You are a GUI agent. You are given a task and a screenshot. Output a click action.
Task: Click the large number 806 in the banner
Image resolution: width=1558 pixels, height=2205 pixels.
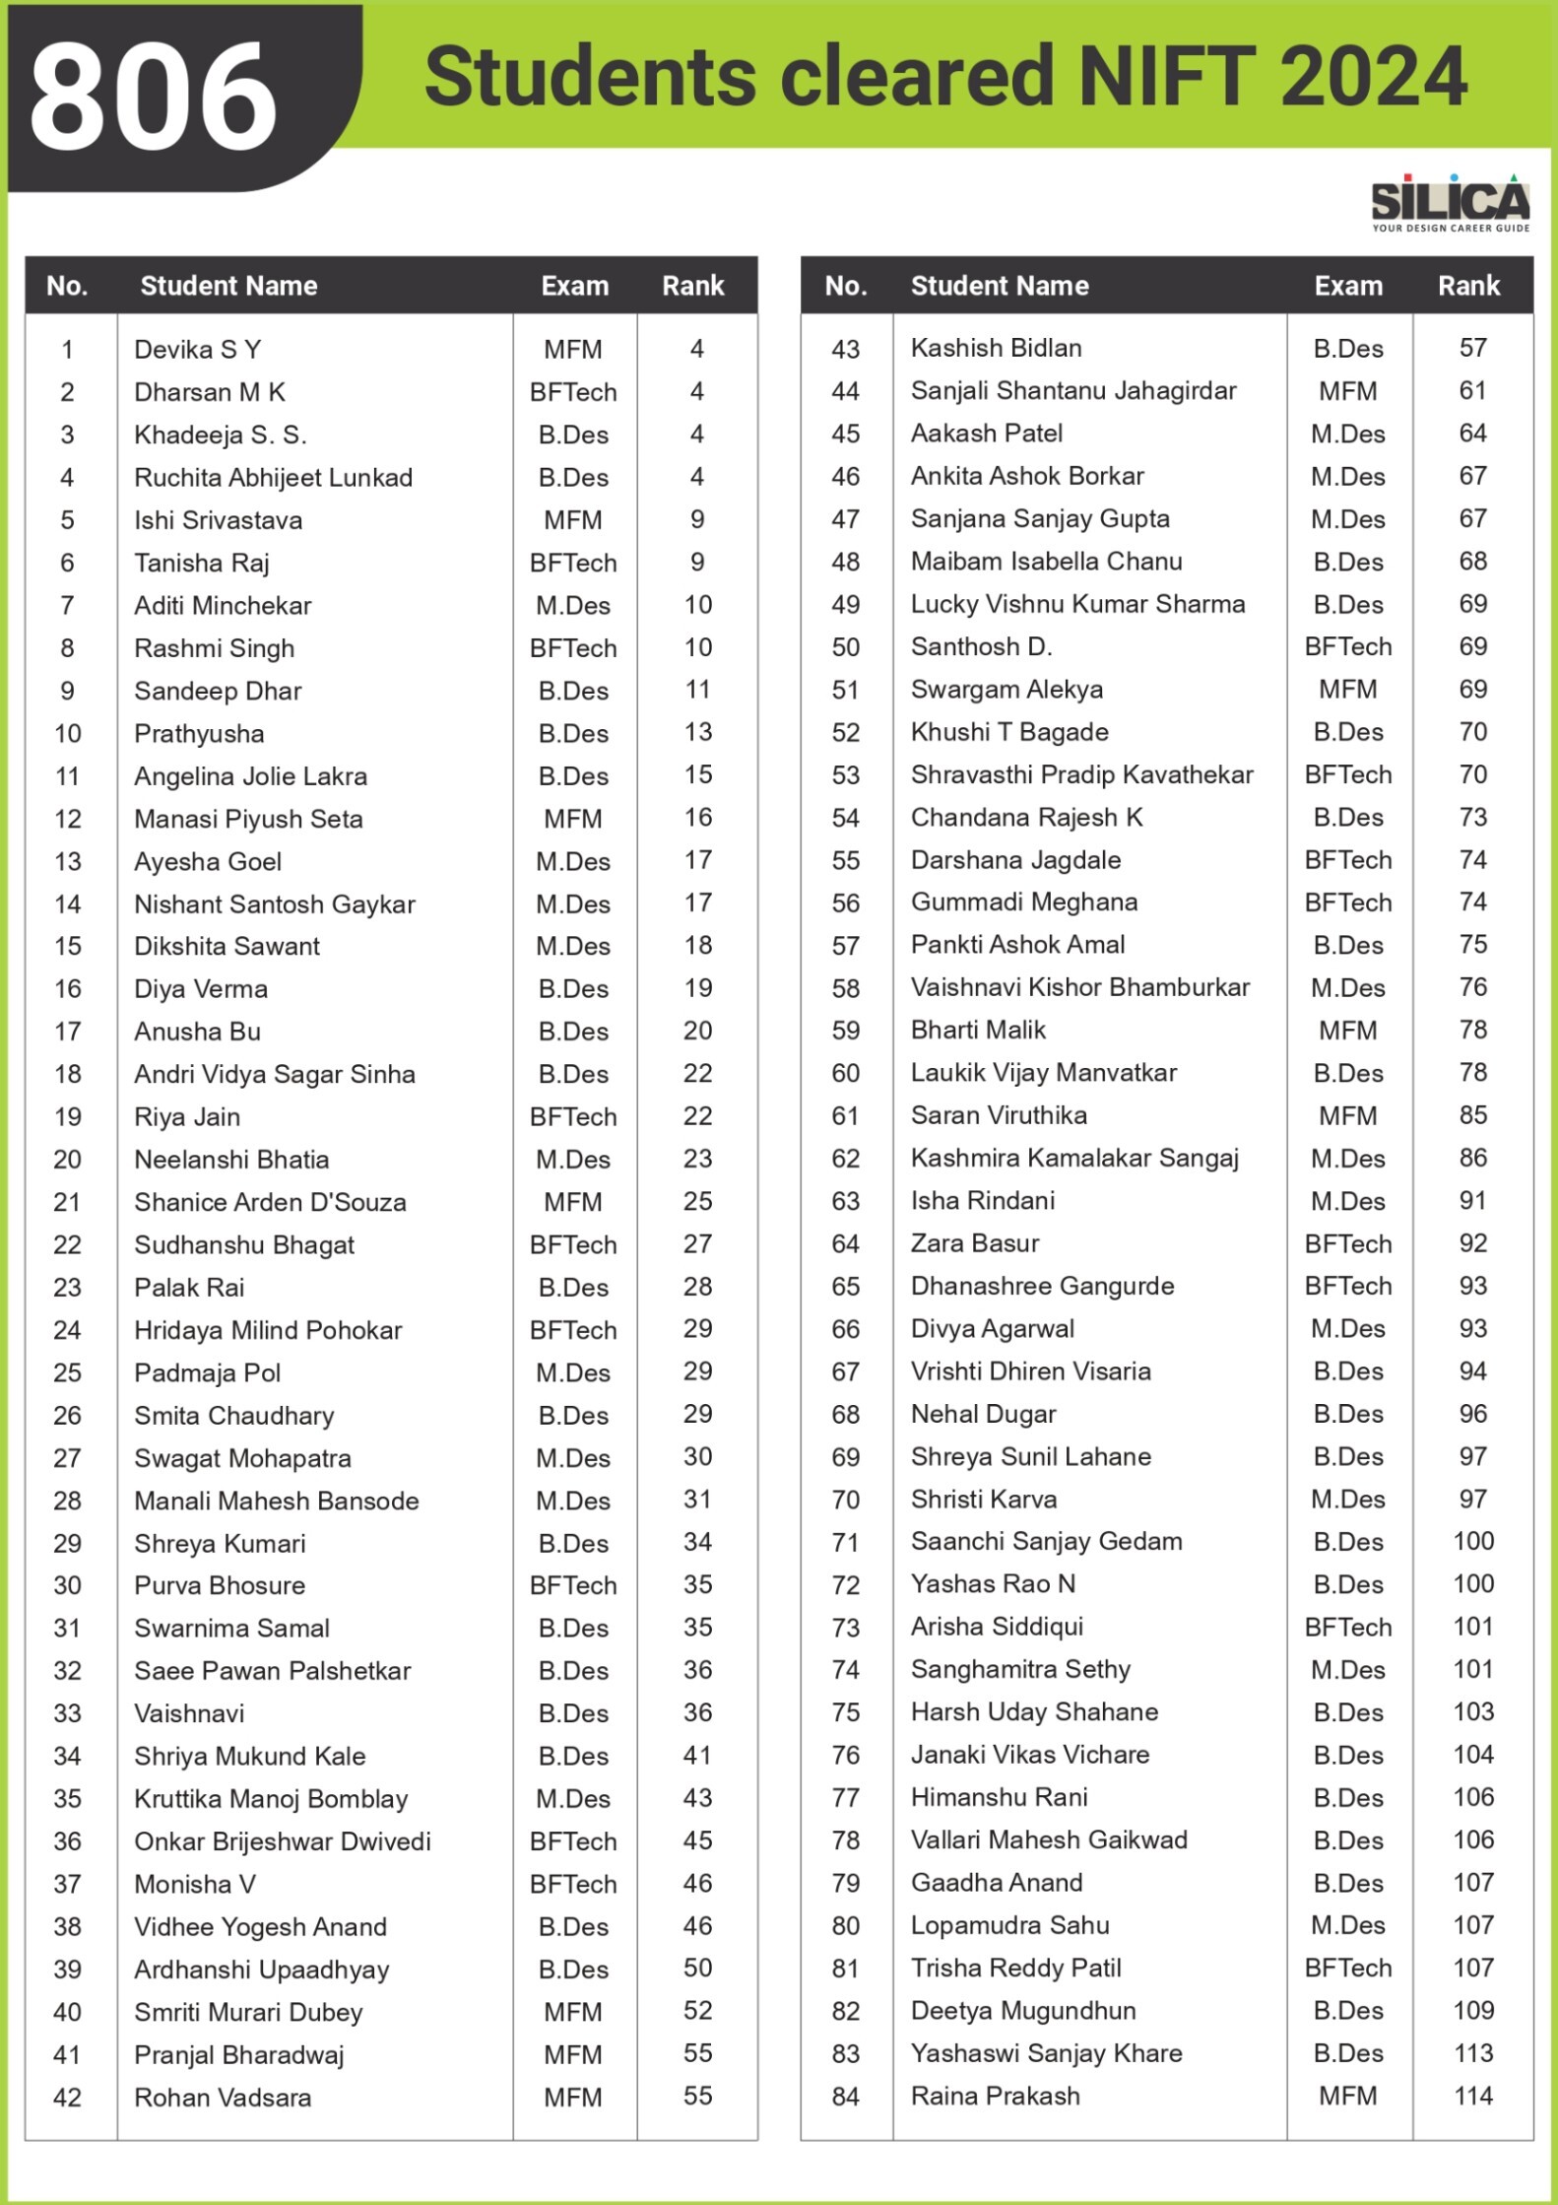154,96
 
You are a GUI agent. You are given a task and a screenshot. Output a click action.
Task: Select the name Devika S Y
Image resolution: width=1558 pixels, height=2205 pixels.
197,350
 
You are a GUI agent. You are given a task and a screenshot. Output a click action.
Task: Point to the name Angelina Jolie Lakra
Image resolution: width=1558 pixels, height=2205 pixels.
250,776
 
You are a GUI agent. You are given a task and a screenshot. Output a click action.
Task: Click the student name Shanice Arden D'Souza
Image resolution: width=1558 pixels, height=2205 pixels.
270,1202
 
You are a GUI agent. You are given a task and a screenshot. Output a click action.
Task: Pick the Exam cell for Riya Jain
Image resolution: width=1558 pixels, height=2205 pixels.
573,1117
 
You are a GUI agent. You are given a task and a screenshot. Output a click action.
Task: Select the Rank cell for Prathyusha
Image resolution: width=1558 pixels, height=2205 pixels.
697,733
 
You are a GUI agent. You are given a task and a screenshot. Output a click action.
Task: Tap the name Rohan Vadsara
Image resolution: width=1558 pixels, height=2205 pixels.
223,2098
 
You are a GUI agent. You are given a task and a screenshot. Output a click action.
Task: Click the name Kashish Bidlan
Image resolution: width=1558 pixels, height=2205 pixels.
996,348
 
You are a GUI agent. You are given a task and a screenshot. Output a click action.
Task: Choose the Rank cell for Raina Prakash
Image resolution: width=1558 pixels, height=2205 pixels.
1472,2096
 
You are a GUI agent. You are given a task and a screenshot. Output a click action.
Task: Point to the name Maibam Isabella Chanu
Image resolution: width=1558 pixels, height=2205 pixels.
1046,562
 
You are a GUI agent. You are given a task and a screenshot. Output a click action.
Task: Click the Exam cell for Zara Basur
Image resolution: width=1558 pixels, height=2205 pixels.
1347,1243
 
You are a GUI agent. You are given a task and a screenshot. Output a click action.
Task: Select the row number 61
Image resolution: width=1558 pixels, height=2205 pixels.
845,1116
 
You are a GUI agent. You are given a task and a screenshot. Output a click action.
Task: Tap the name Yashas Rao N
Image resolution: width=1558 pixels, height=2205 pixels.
993,1584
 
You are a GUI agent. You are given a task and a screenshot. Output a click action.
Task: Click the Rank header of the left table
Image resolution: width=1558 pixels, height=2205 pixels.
692,286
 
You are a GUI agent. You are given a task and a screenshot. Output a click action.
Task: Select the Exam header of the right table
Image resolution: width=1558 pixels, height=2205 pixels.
1347,286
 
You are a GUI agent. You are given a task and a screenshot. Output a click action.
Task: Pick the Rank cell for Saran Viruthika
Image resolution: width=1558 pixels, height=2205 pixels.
1472,1115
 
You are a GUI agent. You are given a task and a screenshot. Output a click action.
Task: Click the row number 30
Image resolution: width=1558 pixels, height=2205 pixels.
67,1585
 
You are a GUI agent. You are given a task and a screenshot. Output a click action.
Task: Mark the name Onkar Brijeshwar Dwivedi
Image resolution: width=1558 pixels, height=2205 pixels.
283,1841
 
